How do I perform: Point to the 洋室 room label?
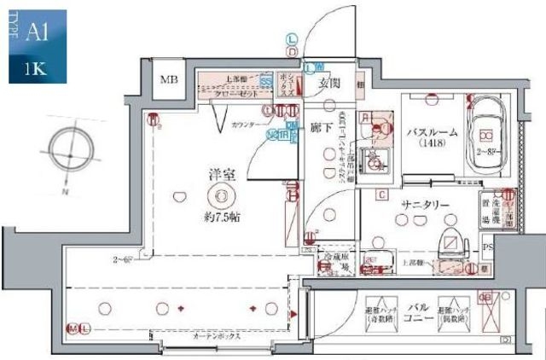(x=221, y=175)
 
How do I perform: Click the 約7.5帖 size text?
(x=222, y=217)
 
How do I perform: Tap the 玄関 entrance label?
(x=330, y=84)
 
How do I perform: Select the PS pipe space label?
(x=487, y=248)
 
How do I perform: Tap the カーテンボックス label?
(x=217, y=336)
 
